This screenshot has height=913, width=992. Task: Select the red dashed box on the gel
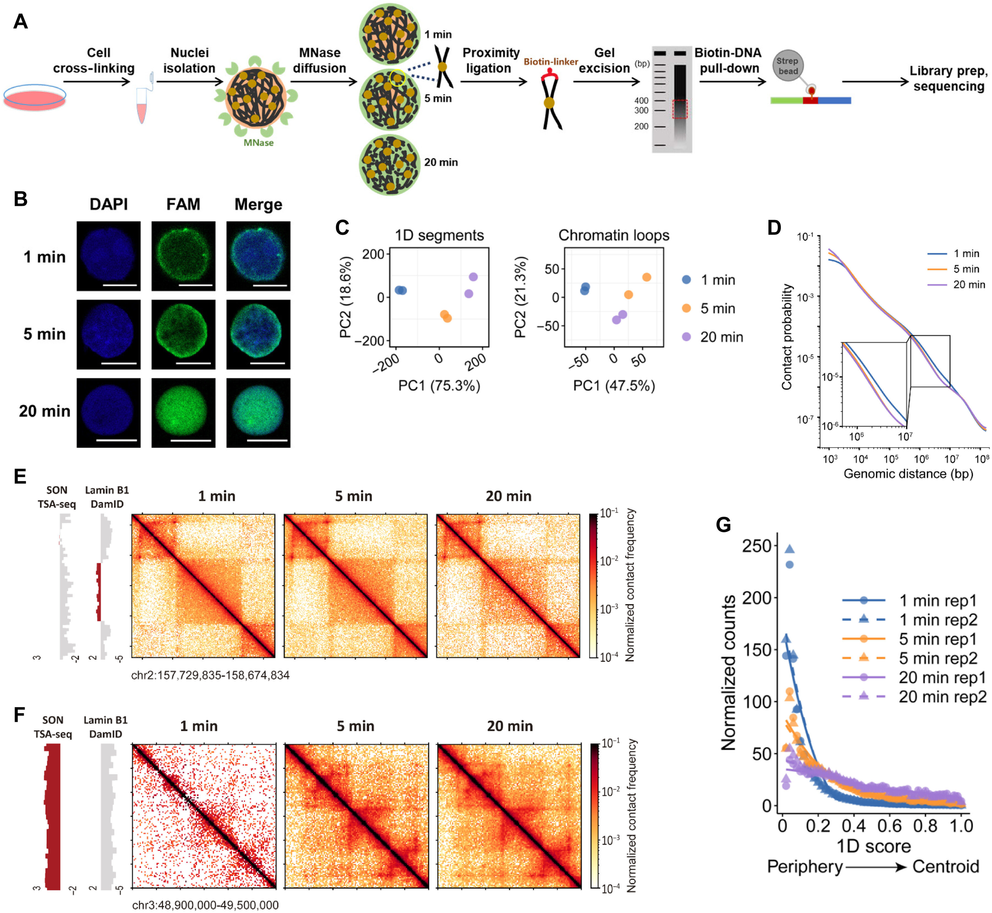(680, 109)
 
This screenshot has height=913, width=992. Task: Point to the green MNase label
(258, 143)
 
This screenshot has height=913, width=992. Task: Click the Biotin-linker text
(551, 62)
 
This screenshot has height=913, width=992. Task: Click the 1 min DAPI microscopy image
(109, 256)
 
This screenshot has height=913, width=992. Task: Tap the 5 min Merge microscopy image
(258, 334)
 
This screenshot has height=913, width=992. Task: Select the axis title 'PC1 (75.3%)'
(439, 385)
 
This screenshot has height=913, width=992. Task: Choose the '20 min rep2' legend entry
(942, 697)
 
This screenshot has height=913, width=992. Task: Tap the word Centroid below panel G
(945, 867)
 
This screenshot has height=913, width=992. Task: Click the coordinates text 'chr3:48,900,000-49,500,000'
(205, 905)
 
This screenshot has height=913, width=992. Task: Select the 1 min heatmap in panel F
(204, 816)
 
